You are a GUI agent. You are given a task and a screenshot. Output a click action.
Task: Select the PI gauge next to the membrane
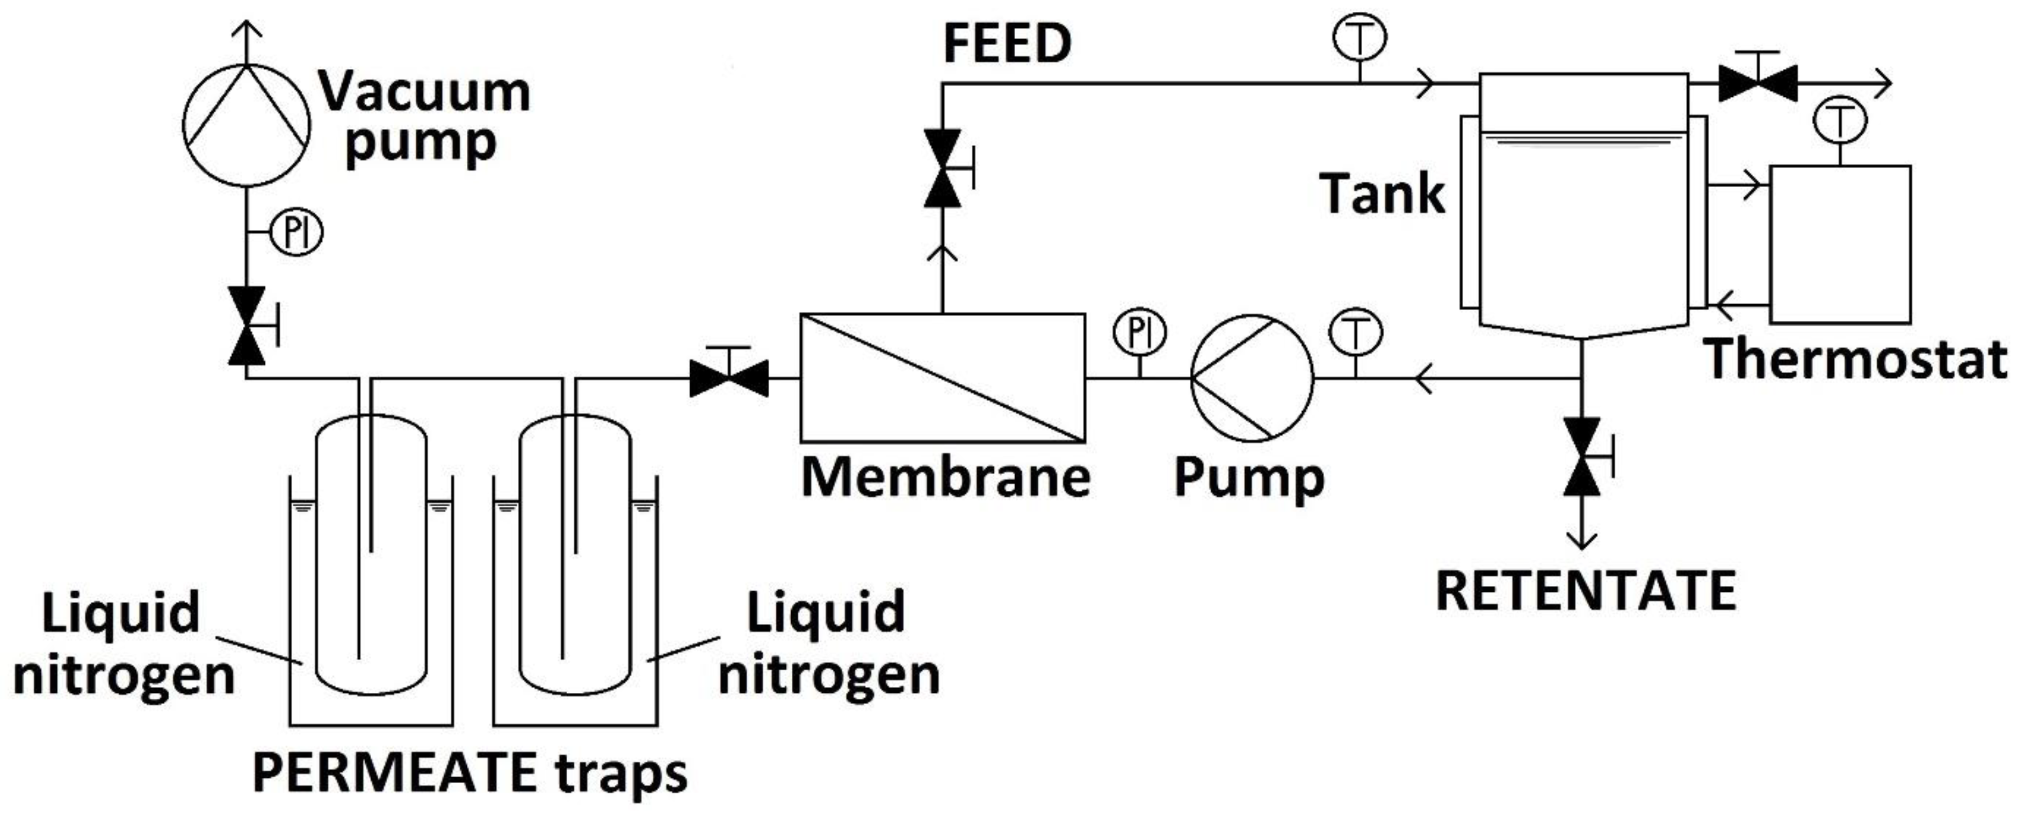[1139, 332]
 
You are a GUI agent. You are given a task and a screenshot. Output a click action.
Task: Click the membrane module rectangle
[943, 377]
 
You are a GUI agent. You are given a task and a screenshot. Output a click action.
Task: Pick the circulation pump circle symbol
[1251, 377]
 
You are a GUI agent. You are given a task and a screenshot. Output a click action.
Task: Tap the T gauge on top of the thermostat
[1839, 122]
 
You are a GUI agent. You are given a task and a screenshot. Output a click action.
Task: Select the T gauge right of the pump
[1355, 332]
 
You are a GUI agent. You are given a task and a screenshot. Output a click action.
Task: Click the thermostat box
[1840, 245]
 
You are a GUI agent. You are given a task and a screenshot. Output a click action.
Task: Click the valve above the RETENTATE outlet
[1582, 457]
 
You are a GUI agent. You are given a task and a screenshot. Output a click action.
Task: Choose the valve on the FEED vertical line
[943, 168]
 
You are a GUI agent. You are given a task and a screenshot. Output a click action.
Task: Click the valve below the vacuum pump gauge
[247, 325]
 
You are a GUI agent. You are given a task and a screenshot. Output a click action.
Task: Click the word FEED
[1007, 44]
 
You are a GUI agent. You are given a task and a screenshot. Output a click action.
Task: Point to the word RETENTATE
[1586, 591]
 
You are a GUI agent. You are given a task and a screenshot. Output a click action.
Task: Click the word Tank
[1382, 193]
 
